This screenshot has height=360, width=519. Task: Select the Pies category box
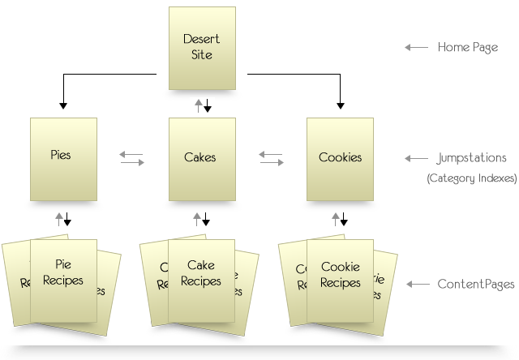click(x=63, y=159)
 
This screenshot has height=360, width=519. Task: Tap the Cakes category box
click(x=202, y=159)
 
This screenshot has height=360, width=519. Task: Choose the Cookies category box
click(x=340, y=159)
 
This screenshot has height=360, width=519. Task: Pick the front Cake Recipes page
click(x=201, y=279)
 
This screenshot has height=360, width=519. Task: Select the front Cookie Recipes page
click(x=340, y=279)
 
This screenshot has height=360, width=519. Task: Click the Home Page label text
click(x=467, y=48)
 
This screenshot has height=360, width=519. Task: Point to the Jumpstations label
click(x=471, y=158)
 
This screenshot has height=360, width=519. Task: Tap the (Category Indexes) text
click(x=471, y=178)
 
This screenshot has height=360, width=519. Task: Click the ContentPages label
click(x=475, y=285)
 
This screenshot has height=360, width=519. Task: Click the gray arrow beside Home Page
click(x=416, y=48)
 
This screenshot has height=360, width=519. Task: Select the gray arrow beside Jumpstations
click(x=416, y=158)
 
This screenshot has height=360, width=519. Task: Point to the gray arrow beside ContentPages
click(x=416, y=285)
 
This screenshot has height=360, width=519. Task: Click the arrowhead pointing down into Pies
click(x=63, y=105)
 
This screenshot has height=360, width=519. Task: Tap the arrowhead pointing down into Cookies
click(x=340, y=105)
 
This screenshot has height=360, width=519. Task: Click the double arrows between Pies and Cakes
click(x=131, y=158)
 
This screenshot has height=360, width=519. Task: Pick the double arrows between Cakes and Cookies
click(x=272, y=158)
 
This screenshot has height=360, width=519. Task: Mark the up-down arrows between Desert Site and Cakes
click(x=202, y=105)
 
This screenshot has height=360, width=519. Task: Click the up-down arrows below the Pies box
click(x=63, y=219)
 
